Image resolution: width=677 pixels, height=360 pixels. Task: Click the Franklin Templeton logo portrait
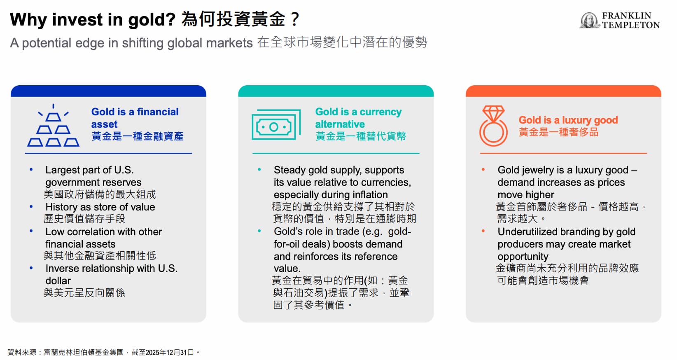click(x=589, y=20)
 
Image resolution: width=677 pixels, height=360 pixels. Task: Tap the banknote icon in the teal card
click(x=276, y=124)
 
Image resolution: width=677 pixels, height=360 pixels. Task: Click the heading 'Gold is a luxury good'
click(x=568, y=120)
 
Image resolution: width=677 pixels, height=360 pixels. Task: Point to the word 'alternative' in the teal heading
click(x=340, y=124)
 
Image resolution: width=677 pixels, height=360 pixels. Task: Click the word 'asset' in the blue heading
click(x=104, y=124)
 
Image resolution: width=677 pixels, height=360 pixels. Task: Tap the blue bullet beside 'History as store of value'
click(x=31, y=207)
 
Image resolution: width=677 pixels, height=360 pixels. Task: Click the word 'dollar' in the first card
click(x=58, y=281)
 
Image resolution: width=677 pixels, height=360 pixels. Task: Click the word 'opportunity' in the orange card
click(x=523, y=257)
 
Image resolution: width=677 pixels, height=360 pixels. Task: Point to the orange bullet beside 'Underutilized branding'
click(x=483, y=231)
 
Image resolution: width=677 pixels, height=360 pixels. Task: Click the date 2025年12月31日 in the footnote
click(x=170, y=353)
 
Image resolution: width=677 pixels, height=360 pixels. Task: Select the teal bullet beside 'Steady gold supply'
click(x=259, y=170)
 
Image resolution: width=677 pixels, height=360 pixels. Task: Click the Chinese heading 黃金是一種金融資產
click(x=137, y=136)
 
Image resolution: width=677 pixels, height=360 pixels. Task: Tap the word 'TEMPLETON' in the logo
click(x=631, y=25)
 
